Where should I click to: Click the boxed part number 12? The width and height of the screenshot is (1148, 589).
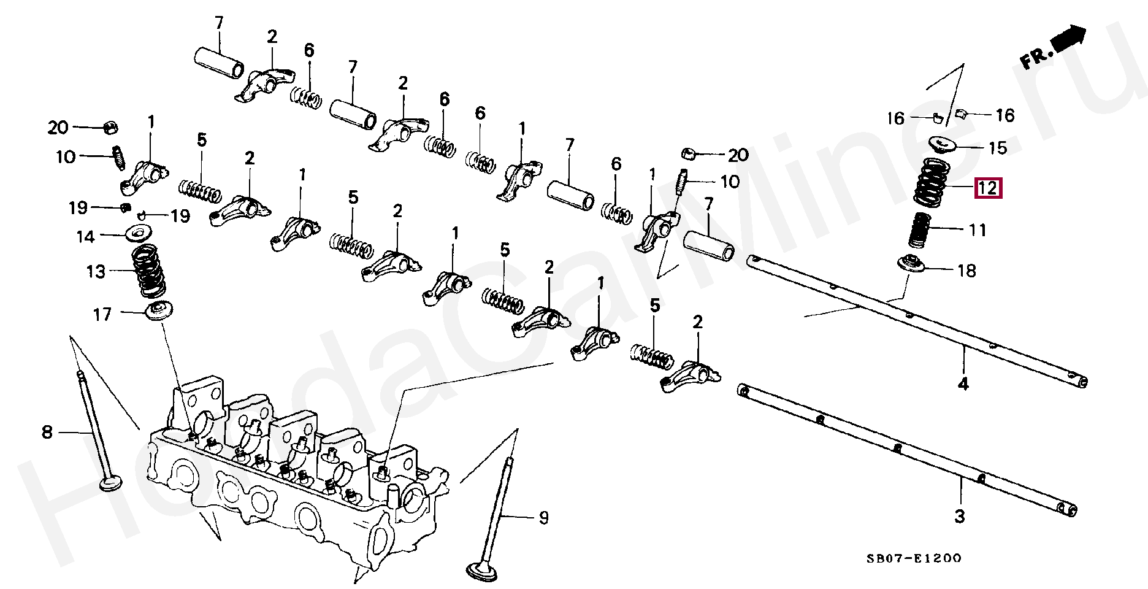[988, 188]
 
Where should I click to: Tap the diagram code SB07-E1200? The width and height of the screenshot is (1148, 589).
[914, 558]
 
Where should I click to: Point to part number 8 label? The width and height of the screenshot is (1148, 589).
[47, 433]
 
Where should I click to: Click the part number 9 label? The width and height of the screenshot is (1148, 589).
[543, 518]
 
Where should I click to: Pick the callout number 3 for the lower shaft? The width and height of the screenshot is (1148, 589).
[960, 517]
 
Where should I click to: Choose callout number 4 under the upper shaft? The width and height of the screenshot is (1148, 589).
[963, 385]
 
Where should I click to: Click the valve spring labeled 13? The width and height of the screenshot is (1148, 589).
[150, 271]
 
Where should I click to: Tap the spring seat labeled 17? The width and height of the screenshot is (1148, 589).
[159, 310]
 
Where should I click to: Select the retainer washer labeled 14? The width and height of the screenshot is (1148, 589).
[140, 234]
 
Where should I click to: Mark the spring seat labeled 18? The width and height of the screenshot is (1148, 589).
[911, 265]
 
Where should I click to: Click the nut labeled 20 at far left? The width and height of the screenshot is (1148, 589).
[110, 128]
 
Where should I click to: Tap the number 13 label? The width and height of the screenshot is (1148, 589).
[96, 272]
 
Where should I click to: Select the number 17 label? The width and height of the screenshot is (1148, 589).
[102, 315]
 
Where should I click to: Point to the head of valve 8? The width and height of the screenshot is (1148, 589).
[110, 483]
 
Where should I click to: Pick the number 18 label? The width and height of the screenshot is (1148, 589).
[966, 271]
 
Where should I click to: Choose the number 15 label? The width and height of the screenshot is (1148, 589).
[998, 148]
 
